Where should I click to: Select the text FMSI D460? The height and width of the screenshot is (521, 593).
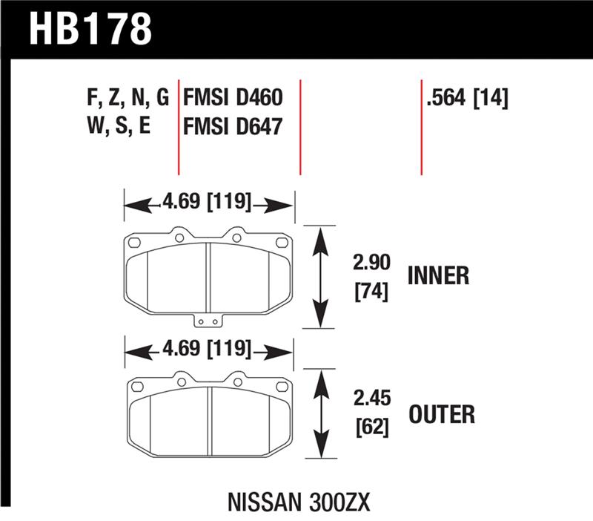(x=231, y=98)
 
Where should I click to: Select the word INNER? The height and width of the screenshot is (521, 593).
(x=439, y=276)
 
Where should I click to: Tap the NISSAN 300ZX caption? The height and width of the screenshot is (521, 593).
(x=296, y=501)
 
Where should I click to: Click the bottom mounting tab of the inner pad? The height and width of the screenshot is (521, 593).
(x=208, y=321)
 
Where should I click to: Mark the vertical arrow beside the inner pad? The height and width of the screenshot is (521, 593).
(x=320, y=277)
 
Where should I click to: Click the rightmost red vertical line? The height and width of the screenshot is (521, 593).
(x=421, y=126)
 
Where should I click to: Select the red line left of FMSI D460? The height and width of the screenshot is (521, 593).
(x=179, y=126)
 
